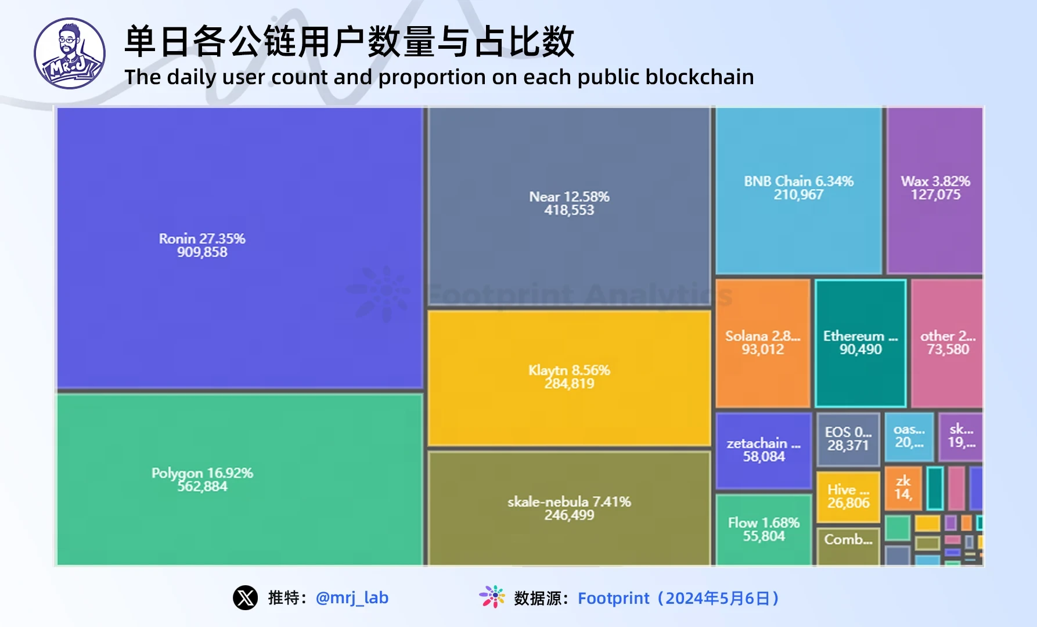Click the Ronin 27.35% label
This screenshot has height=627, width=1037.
(x=202, y=239)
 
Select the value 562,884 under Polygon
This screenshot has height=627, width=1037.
(x=202, y=487)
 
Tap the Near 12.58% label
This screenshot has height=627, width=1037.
(x=569, y=197)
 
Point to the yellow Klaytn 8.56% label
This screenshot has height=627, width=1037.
(x=569, y=370)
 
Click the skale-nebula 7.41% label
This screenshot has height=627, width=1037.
(x=569, y=502)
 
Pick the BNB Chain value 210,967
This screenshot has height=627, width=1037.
(x=798, y=195)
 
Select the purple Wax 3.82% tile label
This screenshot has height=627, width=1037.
(x=935, y=181)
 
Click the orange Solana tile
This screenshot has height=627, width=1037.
(x=762, y=343)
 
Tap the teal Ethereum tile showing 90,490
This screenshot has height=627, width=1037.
(x=860, y=343)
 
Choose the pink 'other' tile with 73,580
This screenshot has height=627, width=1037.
(x=947, y=343)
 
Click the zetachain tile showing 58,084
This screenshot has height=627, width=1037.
(x=764, y=451)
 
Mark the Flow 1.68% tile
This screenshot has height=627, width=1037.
(x=764, y=529)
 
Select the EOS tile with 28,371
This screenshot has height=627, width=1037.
(x=848, y=439)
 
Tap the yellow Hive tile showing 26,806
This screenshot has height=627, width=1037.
(x=848, y=496)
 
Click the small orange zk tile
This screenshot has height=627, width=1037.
(x=903, y=488)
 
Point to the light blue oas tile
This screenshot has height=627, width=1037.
(x=909, y=437)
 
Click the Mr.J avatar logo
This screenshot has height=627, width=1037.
(x=70, y=53)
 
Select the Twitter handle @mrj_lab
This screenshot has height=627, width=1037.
(x=352, y=597)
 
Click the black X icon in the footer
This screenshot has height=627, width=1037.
(x=246, y=597)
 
